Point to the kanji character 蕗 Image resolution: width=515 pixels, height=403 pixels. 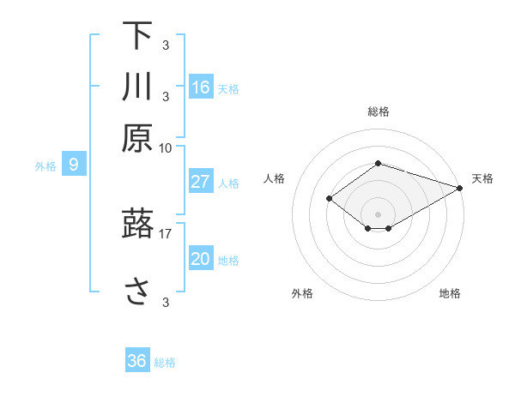(137, 224)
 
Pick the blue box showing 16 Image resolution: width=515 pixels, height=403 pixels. (201, 87)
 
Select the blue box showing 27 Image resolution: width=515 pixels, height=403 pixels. (201, 182)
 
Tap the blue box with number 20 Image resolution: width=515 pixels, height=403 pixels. (201, 259)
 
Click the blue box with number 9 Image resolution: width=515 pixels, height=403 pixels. (74, 165)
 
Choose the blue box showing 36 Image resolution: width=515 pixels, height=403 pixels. (137, 361)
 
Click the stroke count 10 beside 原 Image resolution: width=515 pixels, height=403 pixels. (166, 147)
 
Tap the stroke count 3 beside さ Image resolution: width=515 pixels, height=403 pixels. (166, 302)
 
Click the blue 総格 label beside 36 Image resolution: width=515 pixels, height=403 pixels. (165, 363)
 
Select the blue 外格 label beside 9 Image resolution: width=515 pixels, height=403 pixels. (45, 166)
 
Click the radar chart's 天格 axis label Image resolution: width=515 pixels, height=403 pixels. (482, 178)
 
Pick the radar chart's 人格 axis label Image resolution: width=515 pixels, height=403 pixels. (274, 178)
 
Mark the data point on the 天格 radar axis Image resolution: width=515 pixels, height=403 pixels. (460, 188)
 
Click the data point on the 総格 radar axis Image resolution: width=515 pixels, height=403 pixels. (378, 164)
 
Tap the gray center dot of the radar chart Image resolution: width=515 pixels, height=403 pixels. (378, 214)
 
